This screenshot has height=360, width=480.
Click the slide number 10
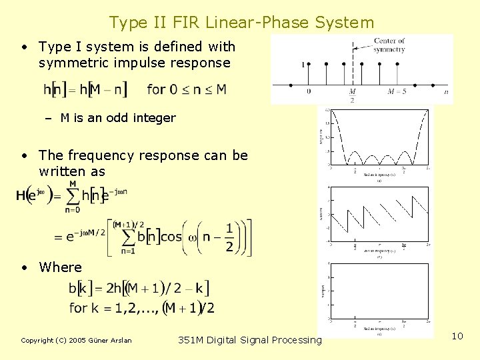(x=457, y=336)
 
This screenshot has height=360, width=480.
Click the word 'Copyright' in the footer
(x=37, y=341)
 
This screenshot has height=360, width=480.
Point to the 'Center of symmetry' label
(x=389, y=45)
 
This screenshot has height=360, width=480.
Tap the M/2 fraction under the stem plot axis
(x=352, y=95)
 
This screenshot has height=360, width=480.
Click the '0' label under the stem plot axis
(x=309, y=91)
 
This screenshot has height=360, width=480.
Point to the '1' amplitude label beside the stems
(x=303, y=65)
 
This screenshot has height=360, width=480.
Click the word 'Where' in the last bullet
(x=61, y=267)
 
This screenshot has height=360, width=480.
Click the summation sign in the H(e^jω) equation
(x=73, y=196)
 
